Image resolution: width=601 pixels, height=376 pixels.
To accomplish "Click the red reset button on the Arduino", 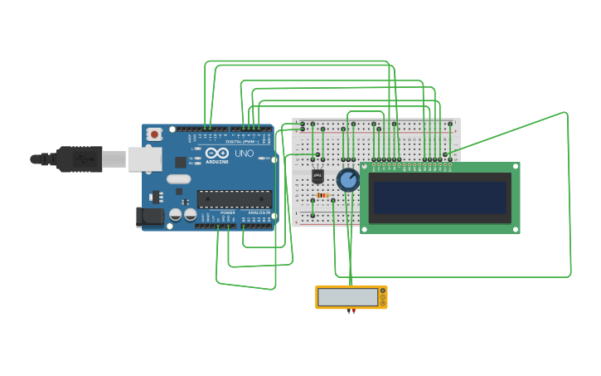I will pos(154,134).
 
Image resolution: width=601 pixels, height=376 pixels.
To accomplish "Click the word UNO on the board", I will pos(245,154).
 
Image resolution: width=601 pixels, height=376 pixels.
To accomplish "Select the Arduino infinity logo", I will pos(217,154).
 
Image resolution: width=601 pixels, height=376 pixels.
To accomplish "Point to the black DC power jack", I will pos(148,217).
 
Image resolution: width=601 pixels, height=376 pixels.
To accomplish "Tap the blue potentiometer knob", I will pos(348,179).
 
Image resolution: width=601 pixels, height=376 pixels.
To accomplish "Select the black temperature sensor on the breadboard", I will pos(318,175).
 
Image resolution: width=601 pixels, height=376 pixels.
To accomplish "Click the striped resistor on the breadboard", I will pos(322,196).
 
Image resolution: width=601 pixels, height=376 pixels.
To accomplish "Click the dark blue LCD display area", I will pos(439,198).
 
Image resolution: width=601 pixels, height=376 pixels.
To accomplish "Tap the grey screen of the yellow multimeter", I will pos(347,297).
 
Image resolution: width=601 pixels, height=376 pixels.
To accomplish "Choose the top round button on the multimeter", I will pos(383,291).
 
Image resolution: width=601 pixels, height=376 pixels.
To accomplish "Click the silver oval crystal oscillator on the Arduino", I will pos(178,178).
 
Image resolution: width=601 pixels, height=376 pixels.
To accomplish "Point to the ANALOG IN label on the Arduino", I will pos(258,213).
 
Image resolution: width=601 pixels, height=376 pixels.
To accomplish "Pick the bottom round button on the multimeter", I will pos(383,302).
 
